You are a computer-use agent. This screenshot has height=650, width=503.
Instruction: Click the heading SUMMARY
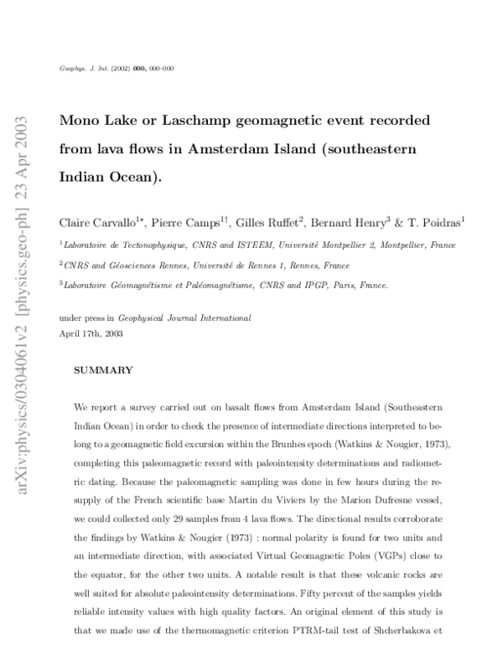point(104,369)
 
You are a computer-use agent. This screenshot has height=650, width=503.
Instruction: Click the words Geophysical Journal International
point(196,319)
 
